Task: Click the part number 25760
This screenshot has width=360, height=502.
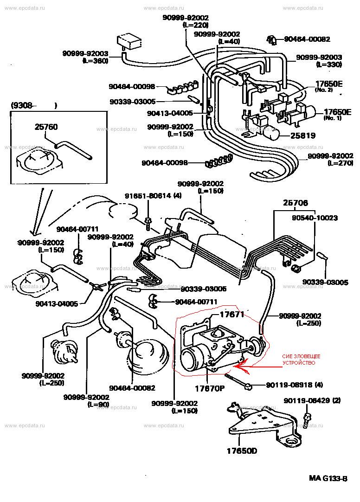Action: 46,126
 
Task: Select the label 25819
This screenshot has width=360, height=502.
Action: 303,136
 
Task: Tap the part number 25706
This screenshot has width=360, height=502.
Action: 295,203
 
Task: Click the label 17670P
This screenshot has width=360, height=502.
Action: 209,387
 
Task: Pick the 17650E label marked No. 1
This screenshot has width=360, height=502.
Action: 338,112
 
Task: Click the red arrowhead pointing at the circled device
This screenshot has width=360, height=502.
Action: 236,366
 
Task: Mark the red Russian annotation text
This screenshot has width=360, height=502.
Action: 301,359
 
